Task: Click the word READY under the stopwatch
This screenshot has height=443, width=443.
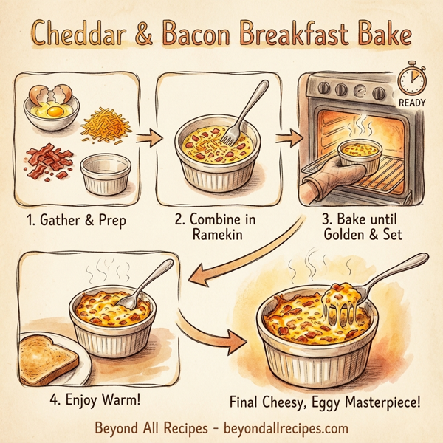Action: click(411, 103)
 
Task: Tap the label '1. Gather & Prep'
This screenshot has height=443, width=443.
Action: click(77, 219)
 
